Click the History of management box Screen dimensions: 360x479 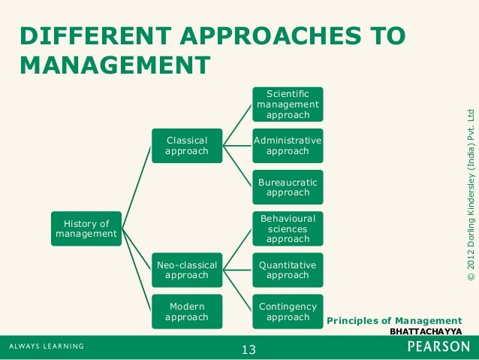tap(86, 228)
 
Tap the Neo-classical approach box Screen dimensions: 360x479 tap(186, 270)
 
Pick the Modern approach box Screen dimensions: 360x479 tap(186, 312)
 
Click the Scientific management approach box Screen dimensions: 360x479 tap(287, 104)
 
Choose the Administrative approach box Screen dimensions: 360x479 tap(287, 146)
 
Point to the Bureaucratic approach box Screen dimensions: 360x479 tap(287, 187)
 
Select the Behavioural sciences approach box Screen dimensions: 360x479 tap(287, 228)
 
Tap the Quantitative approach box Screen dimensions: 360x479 tap(287, 270)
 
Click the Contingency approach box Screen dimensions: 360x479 tap(287, 312)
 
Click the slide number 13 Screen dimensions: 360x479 tap(249, 349)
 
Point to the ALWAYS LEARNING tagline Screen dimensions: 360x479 tap(47, 346)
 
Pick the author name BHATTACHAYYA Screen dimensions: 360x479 tap(426, 331)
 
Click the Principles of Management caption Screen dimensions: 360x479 tap(394, 321)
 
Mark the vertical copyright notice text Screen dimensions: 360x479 tap(471, 196)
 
